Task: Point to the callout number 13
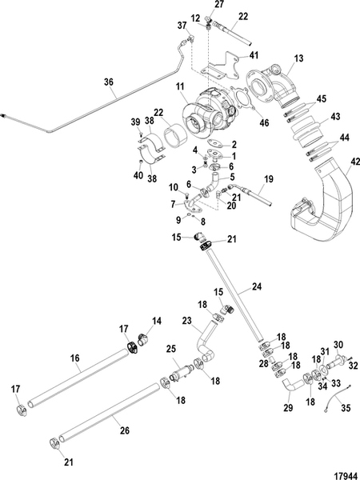[x=298, y=59]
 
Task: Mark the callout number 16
[x=78, y=360]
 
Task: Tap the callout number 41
[x=254, y=55]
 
